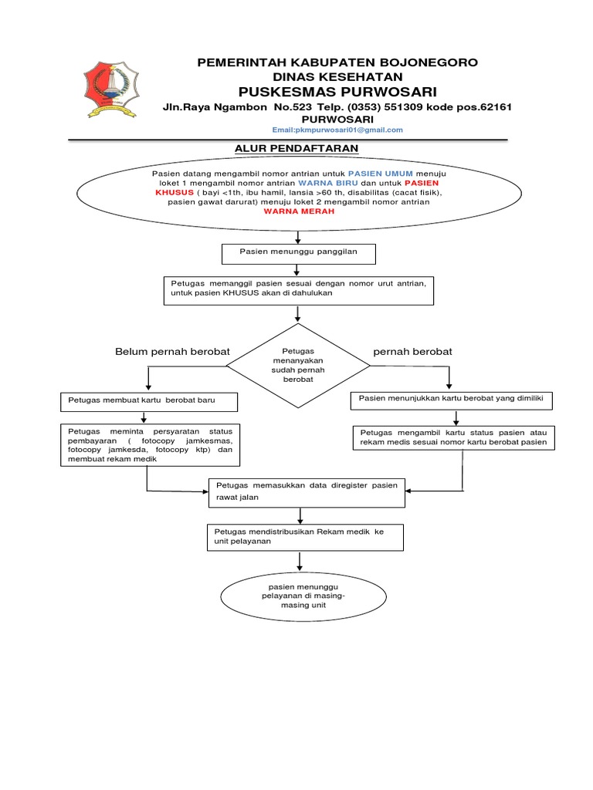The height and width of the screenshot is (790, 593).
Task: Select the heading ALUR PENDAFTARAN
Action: click(296, 147)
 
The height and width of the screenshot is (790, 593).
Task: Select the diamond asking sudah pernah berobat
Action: click(297, 364)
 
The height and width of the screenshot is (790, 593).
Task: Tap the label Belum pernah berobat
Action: click(172, 352)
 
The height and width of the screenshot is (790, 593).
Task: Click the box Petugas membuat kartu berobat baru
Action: click(148, 403)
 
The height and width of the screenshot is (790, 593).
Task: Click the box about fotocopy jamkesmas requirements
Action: click(150, 444)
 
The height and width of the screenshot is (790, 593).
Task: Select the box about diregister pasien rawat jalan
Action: click(307, 491)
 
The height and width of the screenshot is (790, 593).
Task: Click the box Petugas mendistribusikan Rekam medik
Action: click(307, 537)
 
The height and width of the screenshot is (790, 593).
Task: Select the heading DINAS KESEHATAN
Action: click(338, 76)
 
